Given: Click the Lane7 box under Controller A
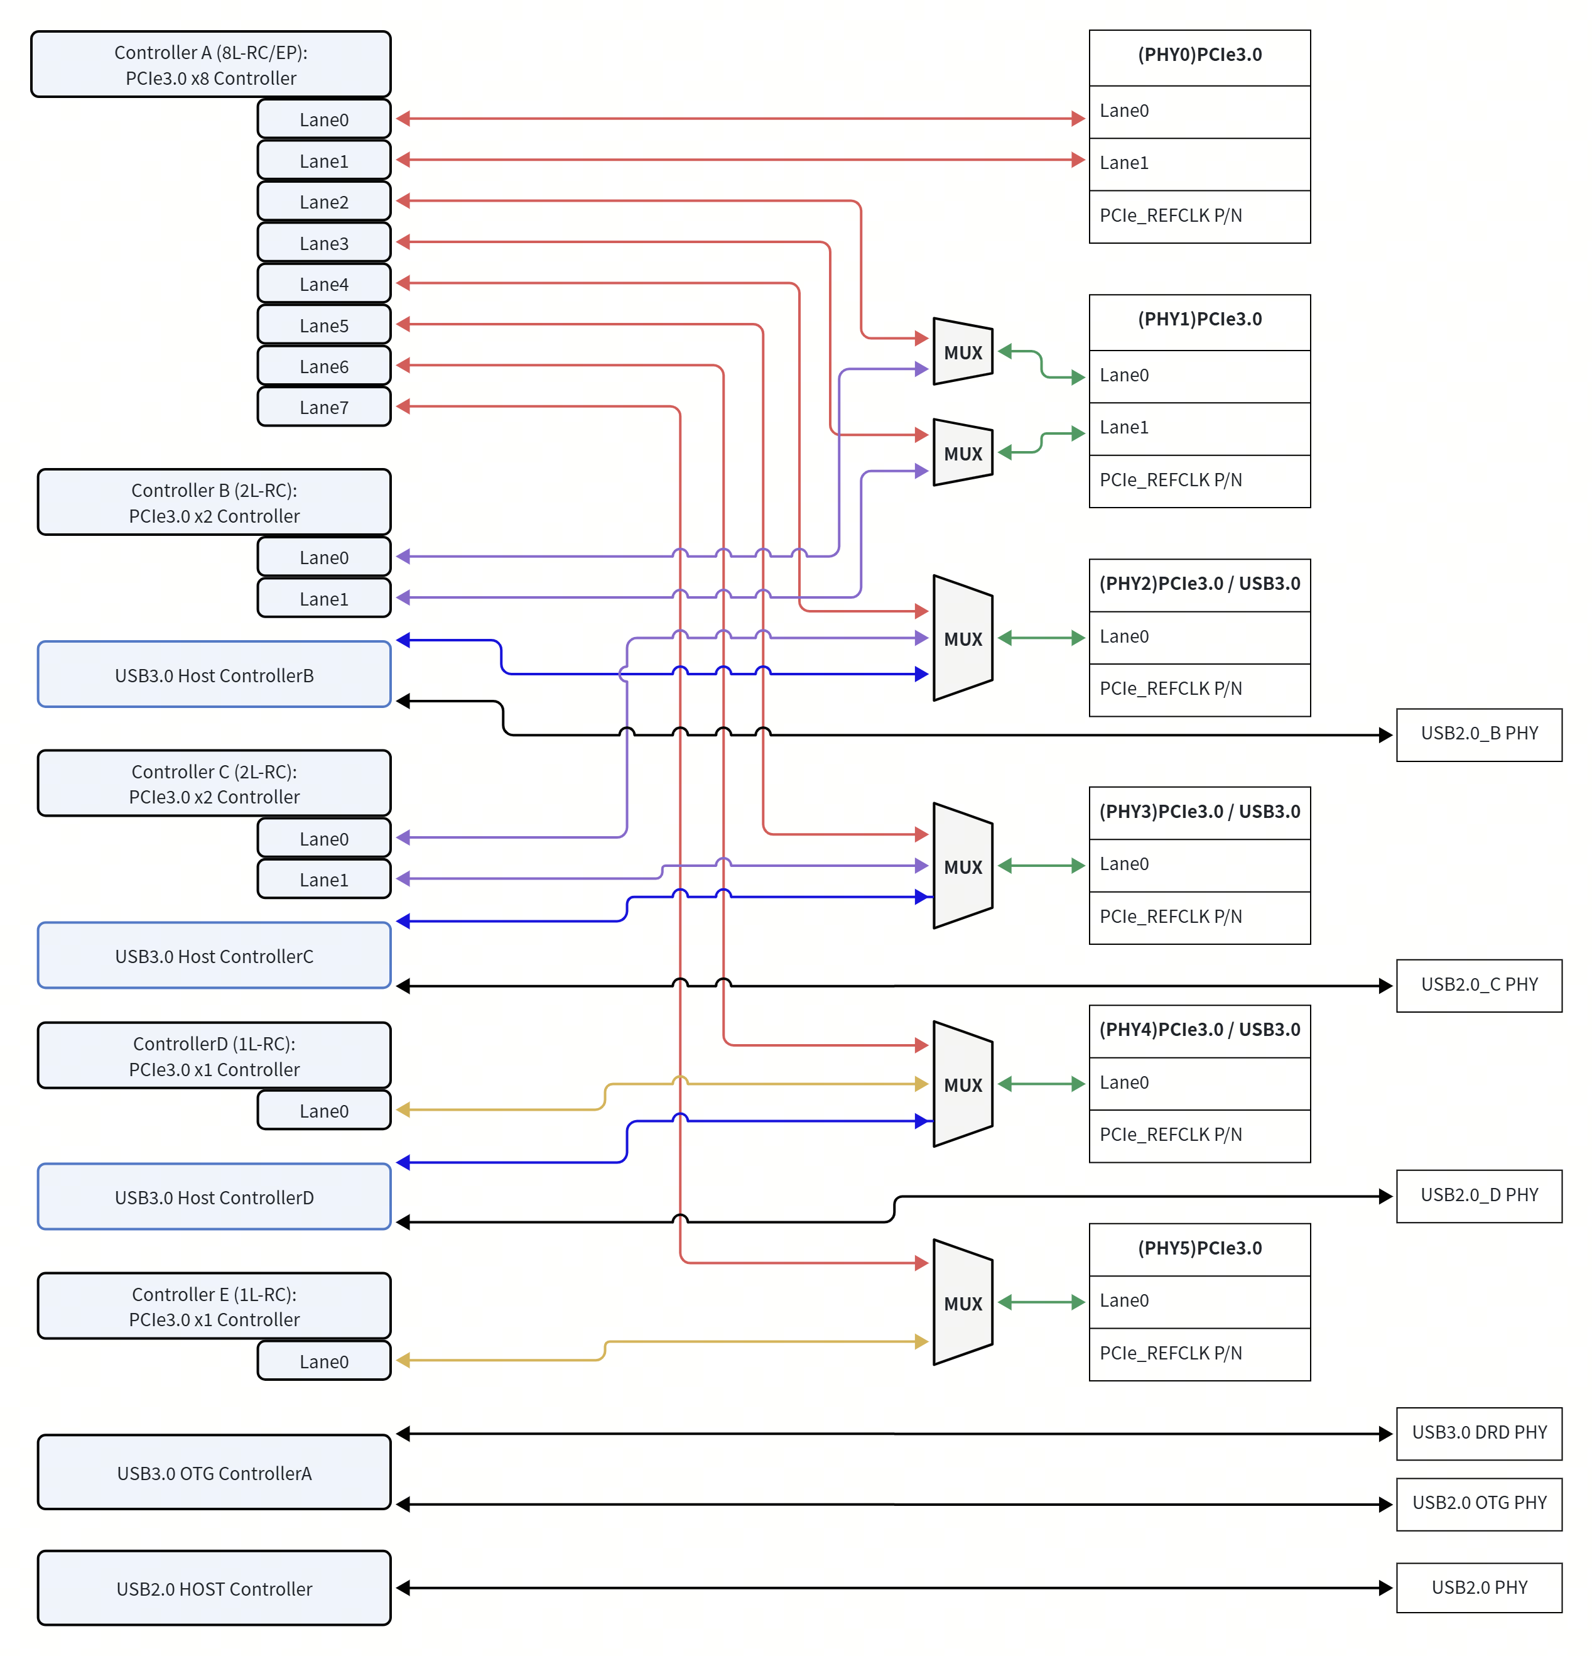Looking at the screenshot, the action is coord(323,406).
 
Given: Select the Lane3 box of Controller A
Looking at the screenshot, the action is coord(323,242).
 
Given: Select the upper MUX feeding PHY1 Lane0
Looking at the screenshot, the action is coord(962,351).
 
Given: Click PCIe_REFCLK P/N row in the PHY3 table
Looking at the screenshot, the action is coord(1199,918).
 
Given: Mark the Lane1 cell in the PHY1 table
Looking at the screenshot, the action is coord(1199,428).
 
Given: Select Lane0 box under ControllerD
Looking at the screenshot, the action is coord(323,1110).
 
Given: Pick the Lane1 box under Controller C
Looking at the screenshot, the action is coord(323,879).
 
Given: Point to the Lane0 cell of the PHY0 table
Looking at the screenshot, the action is coord(1199,112).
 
